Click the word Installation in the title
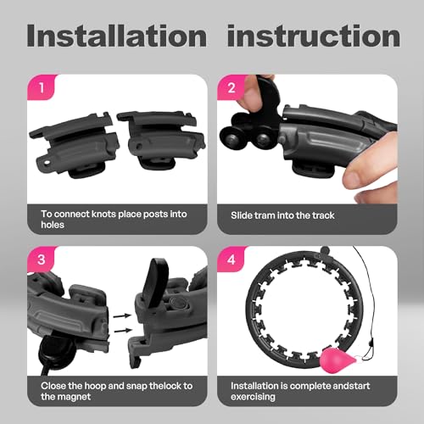coord(116,36)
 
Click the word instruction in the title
coord(314,36)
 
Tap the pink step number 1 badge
coord(42,87)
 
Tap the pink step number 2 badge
coord(232,87)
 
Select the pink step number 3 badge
coord(42,259)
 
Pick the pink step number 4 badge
coord(232,259)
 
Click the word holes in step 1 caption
coord(53,225)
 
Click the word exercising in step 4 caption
coord(253,397)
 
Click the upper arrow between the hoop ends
coord(122,315)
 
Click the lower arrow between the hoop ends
coord(122,330)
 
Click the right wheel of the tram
coord(263,139)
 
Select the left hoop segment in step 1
coord(75,145)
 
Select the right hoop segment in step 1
coord(161,140)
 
